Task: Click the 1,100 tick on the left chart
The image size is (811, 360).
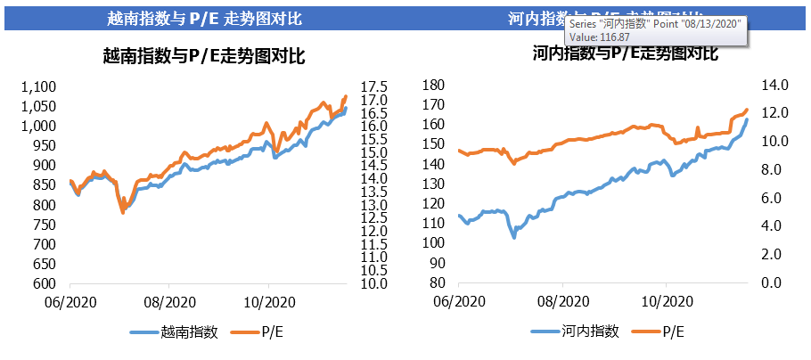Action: pyautogui.click(x=40, y=86)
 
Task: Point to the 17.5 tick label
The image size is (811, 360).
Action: pyautogui.click(x=373, y=86)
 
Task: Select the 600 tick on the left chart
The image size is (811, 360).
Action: pyautogui.click(x=45, y=283)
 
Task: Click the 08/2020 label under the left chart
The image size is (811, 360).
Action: pyautogui.click(x=168, y=303)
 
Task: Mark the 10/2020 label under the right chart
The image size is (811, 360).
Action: pyautogui.click(x=666, y=302)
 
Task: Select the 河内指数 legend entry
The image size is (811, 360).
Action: pyautogui.click(x=591, y=331)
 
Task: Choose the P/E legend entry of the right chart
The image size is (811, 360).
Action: pyautogui.click(x=675, y=331)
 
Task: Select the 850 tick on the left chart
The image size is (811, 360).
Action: pyautogui.click(x=45, y=185)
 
